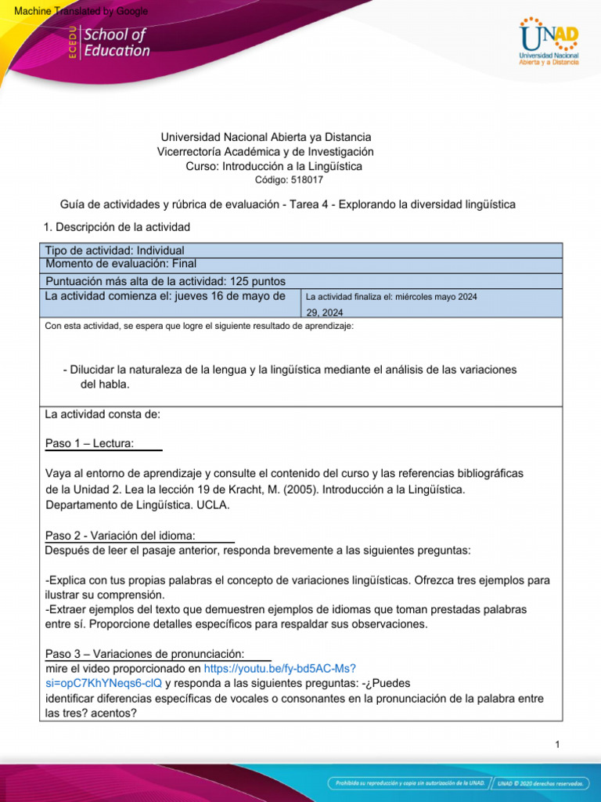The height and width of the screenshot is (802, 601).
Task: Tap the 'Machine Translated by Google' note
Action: point(76,11)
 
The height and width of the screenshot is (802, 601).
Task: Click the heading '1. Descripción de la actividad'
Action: point(117,227)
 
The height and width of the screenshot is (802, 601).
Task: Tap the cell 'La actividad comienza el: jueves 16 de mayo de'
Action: point(165,296)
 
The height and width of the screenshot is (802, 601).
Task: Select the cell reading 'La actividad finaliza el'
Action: point(391,297)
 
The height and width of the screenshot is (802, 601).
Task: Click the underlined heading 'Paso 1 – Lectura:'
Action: point(90,444)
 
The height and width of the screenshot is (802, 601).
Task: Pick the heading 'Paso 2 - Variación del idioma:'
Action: point(121,536)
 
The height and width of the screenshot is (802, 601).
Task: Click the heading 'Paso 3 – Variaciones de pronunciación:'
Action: point(145,654)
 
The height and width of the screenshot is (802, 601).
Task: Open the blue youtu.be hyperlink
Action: point(279,669)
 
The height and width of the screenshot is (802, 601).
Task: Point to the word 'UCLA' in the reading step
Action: point(214,505)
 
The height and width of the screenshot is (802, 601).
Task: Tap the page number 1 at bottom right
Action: point(557,745)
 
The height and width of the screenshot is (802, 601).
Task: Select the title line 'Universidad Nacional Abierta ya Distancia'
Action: point(265,137)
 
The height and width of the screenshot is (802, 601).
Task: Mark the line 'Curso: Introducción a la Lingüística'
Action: point(274,166)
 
